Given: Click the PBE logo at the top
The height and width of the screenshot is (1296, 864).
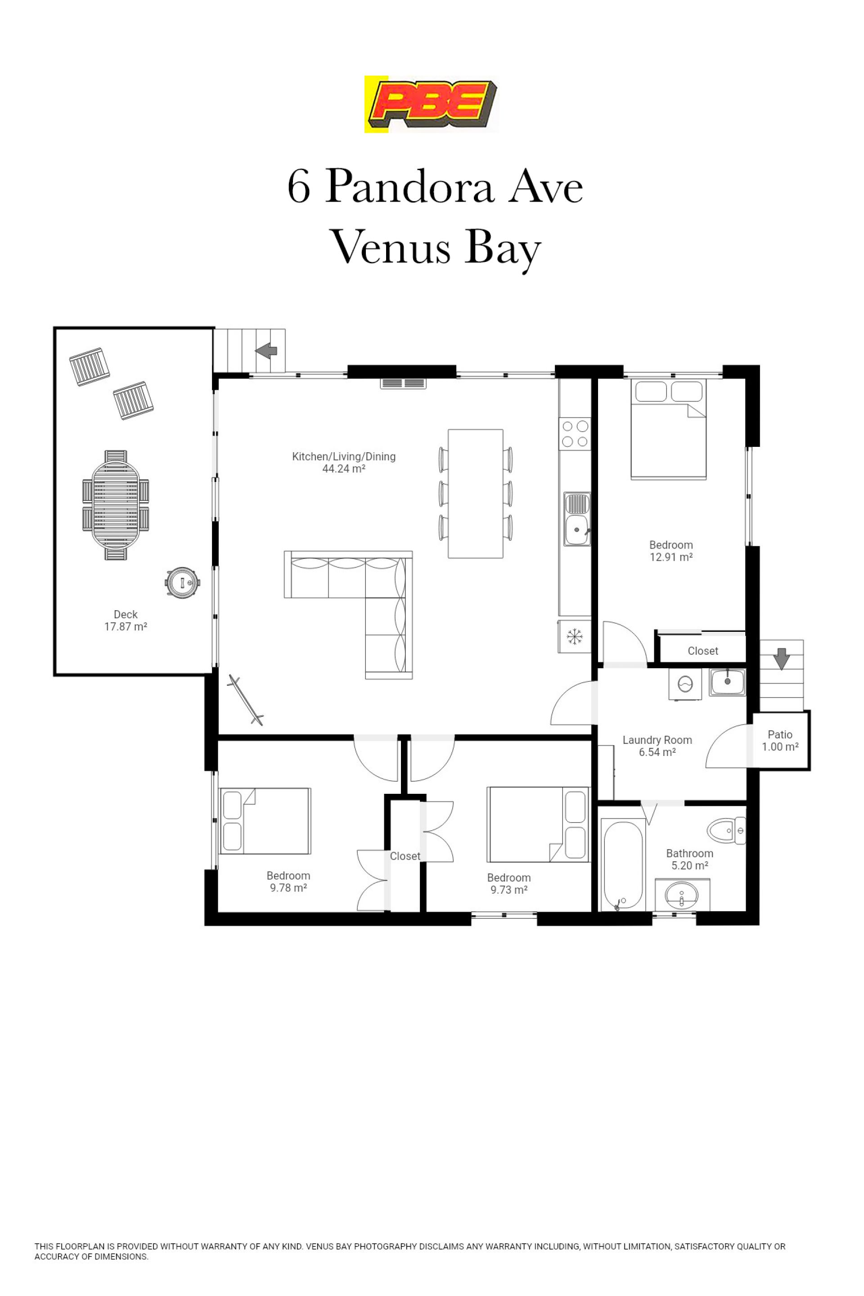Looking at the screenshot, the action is tap(431, 104).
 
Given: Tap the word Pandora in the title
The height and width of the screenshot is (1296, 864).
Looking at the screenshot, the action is tap(409, 186).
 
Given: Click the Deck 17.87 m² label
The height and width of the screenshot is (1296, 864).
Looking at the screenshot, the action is tap(126, 621).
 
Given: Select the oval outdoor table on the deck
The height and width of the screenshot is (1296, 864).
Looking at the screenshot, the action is tap(116, 505).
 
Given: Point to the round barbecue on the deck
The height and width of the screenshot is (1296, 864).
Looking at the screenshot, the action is tap(182, 582).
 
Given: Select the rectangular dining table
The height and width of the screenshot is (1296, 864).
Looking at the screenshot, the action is tap(476, 494).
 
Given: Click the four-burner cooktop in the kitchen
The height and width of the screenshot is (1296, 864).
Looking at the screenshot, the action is tap(575, 434).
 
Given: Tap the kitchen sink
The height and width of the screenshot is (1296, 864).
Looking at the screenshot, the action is tap(577, 519).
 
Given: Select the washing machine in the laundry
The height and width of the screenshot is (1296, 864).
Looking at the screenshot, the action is tap(685, 684).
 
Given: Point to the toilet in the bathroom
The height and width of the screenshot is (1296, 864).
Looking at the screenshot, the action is tap(726, 830).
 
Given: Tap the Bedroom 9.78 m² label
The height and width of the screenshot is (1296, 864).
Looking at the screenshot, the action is tap(288, 881).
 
